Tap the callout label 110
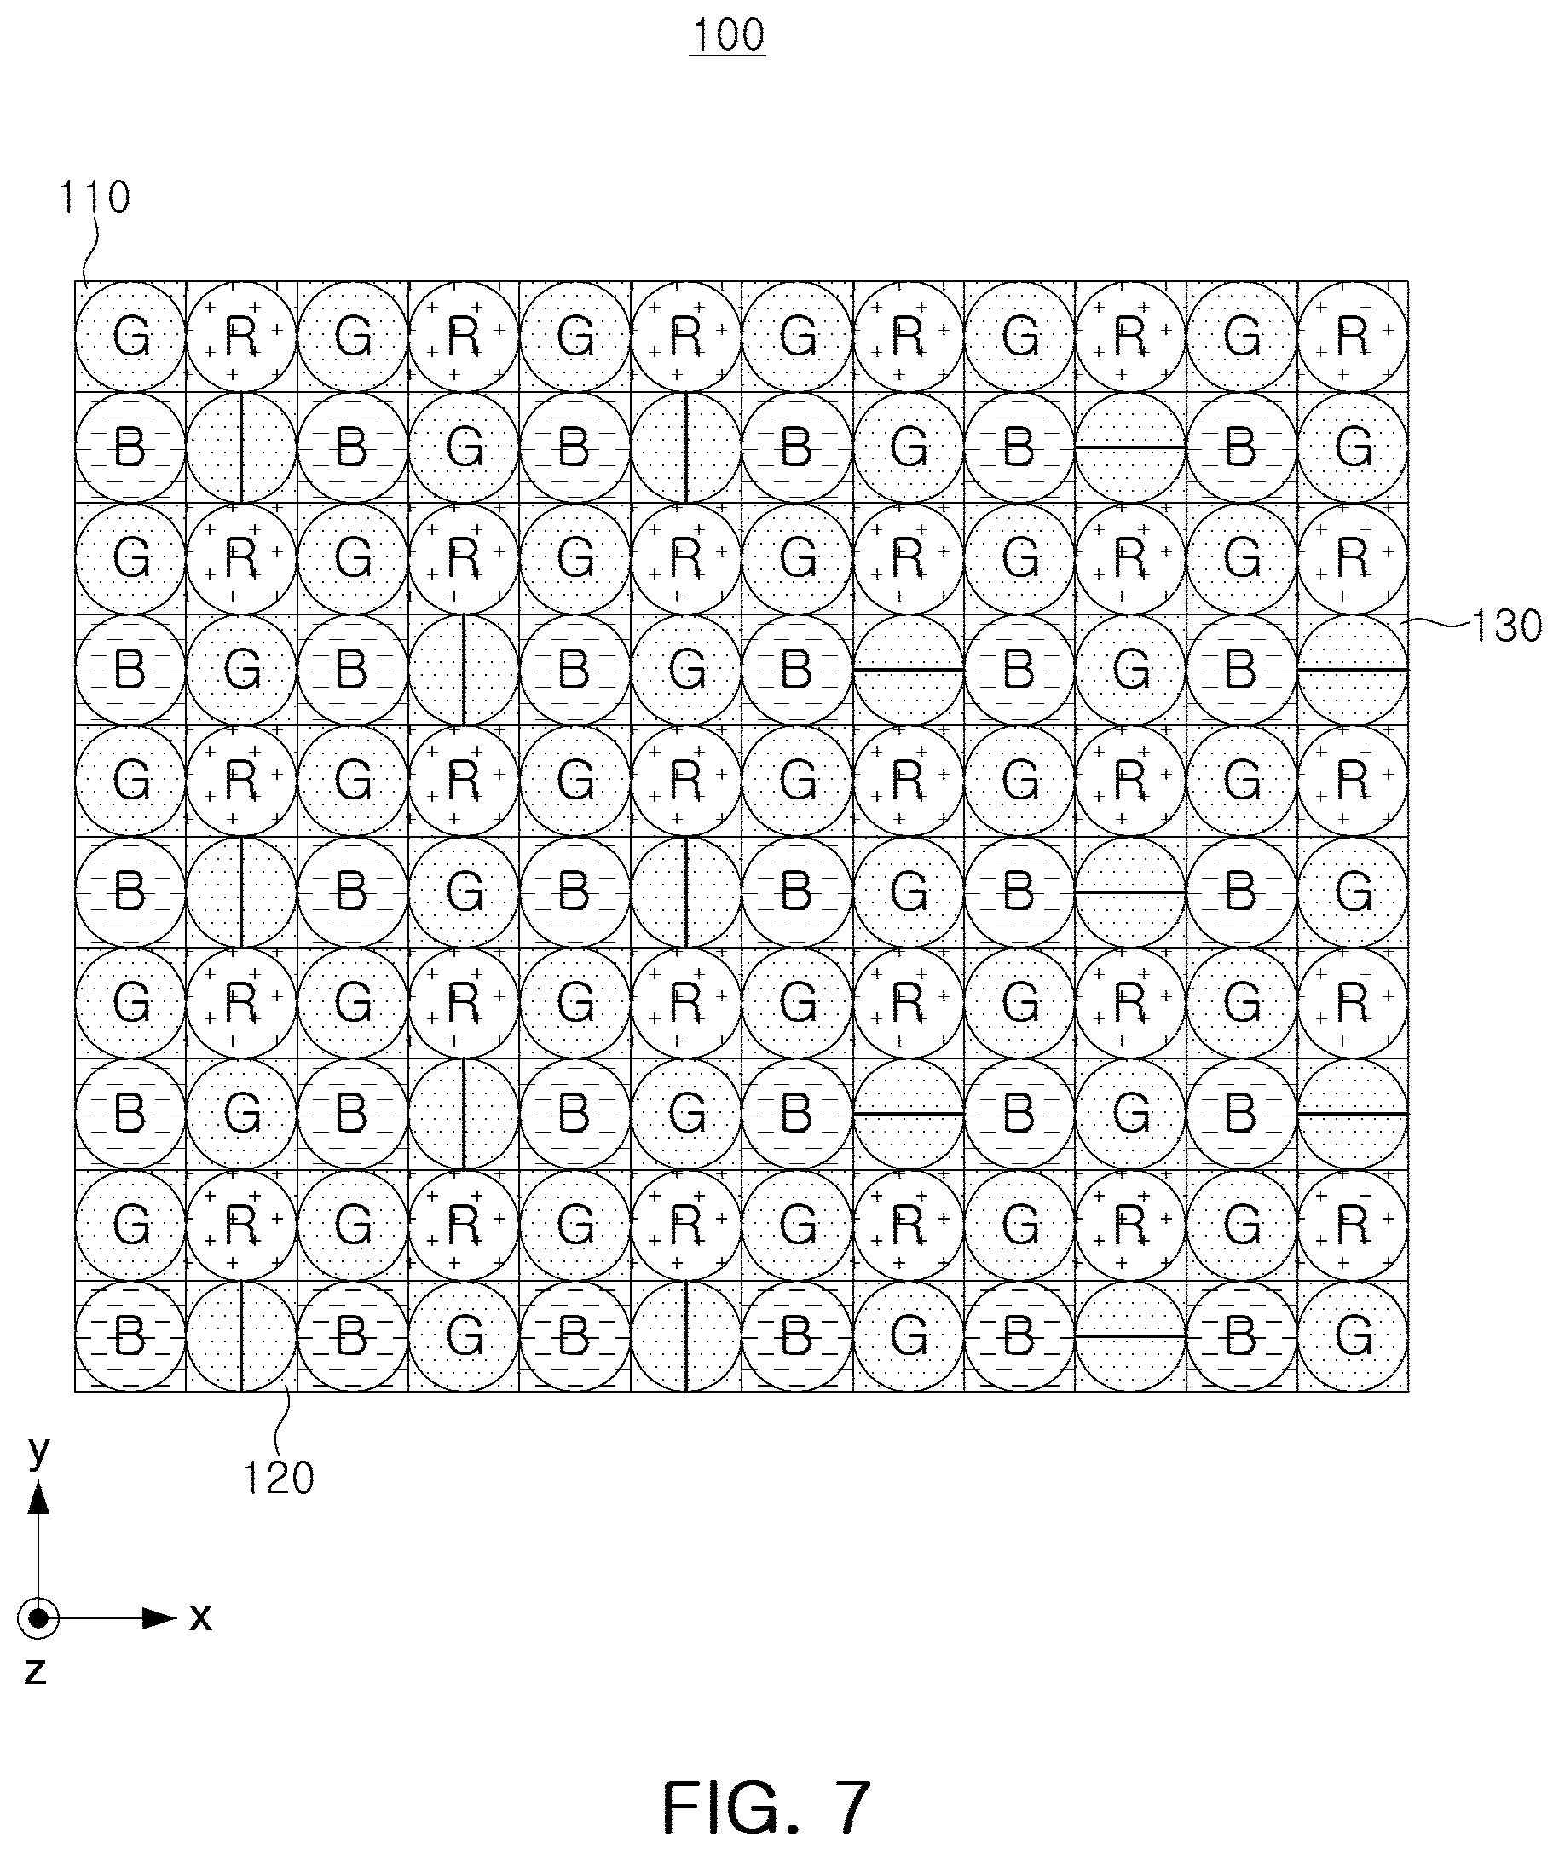95,197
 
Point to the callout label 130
1505,626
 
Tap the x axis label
200,1617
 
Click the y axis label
38,1450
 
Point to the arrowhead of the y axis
38,1497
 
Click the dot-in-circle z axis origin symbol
38,1618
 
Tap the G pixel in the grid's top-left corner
130,337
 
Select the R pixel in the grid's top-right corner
1352,337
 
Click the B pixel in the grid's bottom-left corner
130,1336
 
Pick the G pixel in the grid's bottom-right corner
1352,1336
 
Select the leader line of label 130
1437,624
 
